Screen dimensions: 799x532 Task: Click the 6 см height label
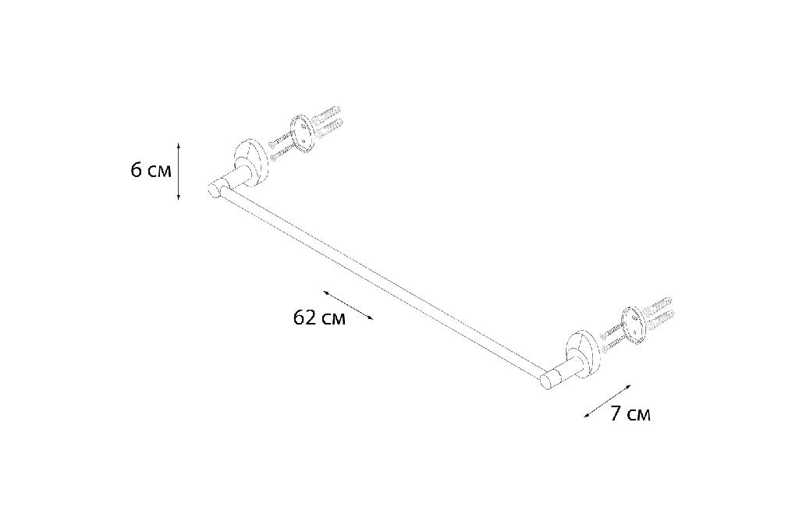pyautogui.click(x=151, y=170)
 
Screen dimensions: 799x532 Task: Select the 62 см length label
pyautogui.click(x=319, y=318)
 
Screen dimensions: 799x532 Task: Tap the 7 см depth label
pyautogui.click(x=630, y=413)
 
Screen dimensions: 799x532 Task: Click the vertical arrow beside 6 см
pyautogui.click(x=179, y=172)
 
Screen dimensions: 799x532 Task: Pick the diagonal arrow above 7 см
pyautogui.click(x=607, y=401)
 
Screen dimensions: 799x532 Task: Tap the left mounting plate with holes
pyautogui.click(x=301, y=134)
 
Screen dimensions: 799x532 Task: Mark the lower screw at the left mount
pyautogui.click(x=284, y=151)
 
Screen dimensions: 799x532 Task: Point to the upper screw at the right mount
pyautogui.click(x=613, y=330)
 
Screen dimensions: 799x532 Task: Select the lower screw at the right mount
pyautogui.click(x=616, y=344)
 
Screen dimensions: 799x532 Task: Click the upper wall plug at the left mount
pyautogui.click(x=327, y=115)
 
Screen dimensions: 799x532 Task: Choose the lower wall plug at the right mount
pyautogui.click(x=660, y=318)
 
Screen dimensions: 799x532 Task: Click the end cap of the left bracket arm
pyautogui.click(x=214, y=189)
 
